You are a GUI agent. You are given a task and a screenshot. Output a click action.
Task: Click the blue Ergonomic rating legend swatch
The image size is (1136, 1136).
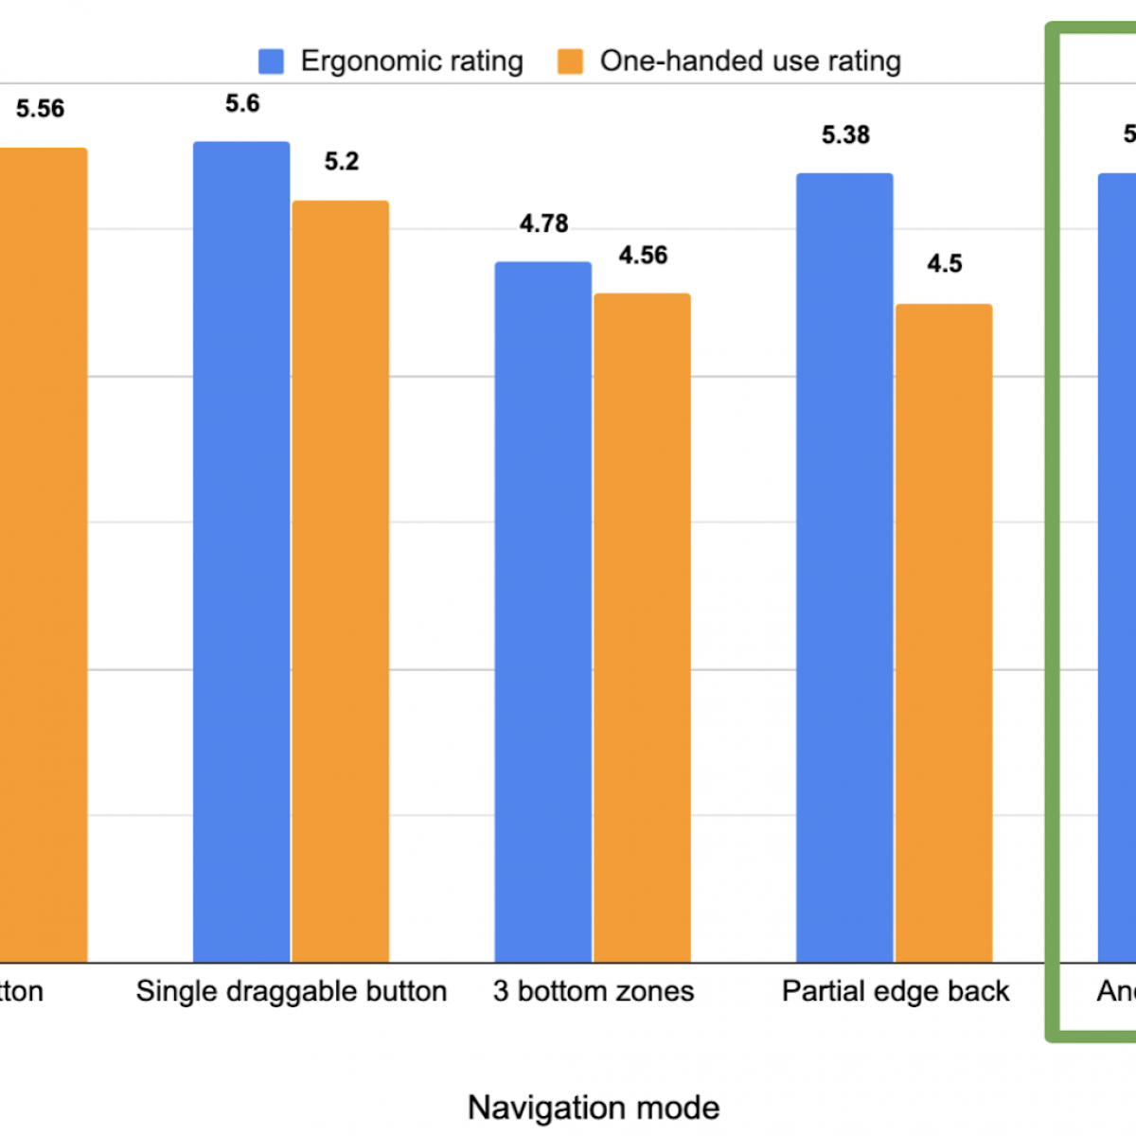[271, 62]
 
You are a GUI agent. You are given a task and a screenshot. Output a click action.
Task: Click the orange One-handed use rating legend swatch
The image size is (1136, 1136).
[570, 62]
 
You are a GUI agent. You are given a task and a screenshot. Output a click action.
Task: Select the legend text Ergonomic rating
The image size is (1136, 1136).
[412, 62]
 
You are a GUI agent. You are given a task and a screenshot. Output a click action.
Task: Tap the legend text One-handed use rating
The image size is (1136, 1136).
[750, 62]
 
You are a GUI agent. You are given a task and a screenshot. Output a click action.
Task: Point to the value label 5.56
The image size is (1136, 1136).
[40, 109]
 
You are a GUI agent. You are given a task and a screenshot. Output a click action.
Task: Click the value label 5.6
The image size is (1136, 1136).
[242, 103]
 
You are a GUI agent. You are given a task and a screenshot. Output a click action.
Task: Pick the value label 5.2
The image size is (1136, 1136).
[342, 162]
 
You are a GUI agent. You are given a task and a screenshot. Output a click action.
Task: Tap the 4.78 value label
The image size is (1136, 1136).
[543, 224]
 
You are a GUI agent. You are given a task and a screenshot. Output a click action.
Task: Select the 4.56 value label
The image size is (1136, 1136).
[643, 256]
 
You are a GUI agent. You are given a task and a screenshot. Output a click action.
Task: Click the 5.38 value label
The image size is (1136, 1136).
[845, 135]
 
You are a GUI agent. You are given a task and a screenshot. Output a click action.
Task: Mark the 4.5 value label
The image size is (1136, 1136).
[944, 264]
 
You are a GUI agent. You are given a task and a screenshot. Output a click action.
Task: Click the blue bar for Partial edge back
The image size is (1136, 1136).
[844, 568]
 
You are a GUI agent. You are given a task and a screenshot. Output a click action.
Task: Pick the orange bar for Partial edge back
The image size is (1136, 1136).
[944, 633]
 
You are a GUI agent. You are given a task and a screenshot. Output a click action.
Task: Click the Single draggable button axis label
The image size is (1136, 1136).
[292, 991]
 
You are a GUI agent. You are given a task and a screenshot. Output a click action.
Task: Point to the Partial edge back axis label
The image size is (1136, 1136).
[896, 991]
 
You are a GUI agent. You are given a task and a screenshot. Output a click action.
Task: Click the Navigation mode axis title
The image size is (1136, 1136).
[594, 1107]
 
